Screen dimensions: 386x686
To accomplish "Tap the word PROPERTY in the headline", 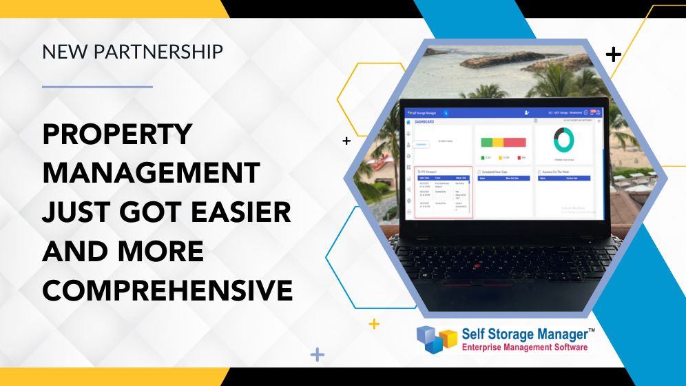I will (x=117, y=134).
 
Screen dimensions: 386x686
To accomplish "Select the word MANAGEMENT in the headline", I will (x=151, y=173).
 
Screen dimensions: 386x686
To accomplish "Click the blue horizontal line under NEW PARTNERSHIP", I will (x=97, y=87).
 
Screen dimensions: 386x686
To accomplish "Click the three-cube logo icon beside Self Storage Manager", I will (x=437, y=338).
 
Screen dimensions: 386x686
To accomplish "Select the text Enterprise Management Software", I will (x=524, y=347).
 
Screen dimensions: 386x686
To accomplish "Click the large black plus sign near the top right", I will (x=612, y=54).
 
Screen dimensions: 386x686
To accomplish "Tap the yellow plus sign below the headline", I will (x=374, y=323).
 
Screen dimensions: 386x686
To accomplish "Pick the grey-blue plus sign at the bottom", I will (x=317, y=354).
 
